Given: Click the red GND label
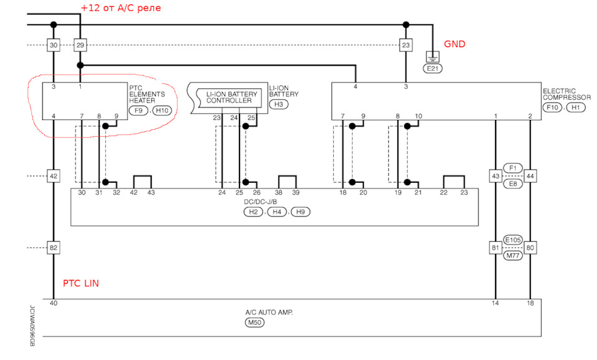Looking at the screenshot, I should coord(454,45).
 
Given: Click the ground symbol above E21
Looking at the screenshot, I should coord(432,56).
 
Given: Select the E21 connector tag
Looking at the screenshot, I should coord(432,68).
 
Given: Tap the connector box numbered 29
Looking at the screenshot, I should coord(80,45).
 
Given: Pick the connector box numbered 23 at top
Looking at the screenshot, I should coord(405,45).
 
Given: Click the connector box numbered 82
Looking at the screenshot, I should coord(53,248).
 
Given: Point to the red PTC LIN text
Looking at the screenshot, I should coord(81,284).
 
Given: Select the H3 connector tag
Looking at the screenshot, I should coord(278,105).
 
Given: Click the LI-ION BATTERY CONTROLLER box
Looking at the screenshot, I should coord(229,97).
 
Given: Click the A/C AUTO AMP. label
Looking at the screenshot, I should coord(269,312).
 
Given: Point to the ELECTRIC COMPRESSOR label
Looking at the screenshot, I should coord(567,95).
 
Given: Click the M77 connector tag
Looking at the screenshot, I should coord(513,256).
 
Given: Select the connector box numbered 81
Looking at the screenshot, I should coord(496,248).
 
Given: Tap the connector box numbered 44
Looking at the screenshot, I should coord(530,177).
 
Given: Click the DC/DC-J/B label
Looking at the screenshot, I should coord(274,201).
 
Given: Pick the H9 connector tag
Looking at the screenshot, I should coord(300,212).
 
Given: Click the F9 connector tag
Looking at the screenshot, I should coord(139,111).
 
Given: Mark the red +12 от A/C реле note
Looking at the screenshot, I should coord(120,8).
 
